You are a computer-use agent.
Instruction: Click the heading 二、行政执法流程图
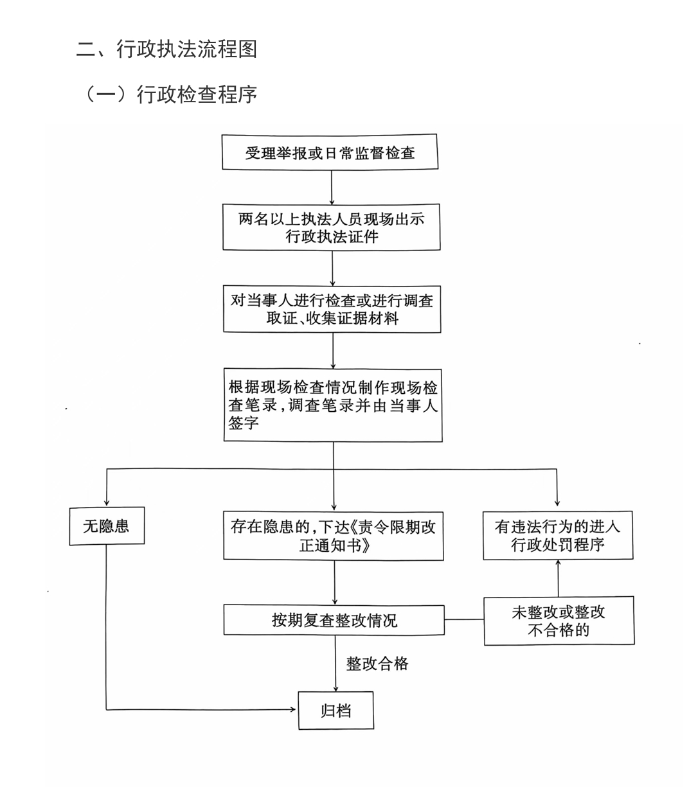pyautogui.click(x=166, y=49)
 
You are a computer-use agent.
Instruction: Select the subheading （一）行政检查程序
pyautogui.click(x=170, y=94)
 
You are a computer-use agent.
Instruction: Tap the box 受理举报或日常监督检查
pyautogui.click(x=330, y=152)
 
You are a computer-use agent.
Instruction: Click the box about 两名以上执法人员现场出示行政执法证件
pyautogui.click(x=331, y=227)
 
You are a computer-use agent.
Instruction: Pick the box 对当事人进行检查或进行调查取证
pyautogui.click(x=332, y=309)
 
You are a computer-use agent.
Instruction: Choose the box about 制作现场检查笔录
pyautogui.click(x=333, y=405)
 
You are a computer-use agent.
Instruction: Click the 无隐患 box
pyautogui.click(x=107, y=526)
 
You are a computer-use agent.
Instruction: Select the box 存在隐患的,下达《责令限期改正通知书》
pyautogui.click(x=333, y=536)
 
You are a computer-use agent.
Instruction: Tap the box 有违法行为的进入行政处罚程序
pyautogui.click(x=558, y=535)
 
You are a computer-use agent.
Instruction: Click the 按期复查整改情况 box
pyautogui.click(x=334, y=620)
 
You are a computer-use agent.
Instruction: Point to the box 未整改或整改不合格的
pyautogui.click(x=559, y=621)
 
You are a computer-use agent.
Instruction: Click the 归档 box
pyautogui.click(x=336, y=711)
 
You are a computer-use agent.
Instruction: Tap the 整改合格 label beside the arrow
pyautogui.click(x=377, y=664)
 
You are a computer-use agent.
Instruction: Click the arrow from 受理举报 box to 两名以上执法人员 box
pyautogui.click(x=332, y=187)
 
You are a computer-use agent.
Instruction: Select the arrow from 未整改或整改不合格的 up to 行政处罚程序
pyautogui.click(x=558, y=578)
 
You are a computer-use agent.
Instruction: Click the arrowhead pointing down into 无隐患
pyautogui.click(x=107, y=503)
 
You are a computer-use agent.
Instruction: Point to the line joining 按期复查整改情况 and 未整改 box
pyautogui.click(x=464, y=619)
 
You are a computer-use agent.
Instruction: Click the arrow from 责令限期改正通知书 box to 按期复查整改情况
pyautogui.click(x=335, y=583)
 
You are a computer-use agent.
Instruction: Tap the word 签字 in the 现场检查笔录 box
pyautogui.click(x=244, y=423)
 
